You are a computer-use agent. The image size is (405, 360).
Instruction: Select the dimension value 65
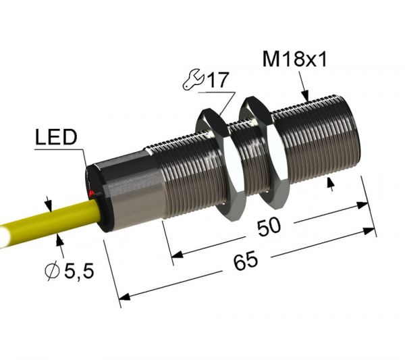[x=248, y=260]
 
